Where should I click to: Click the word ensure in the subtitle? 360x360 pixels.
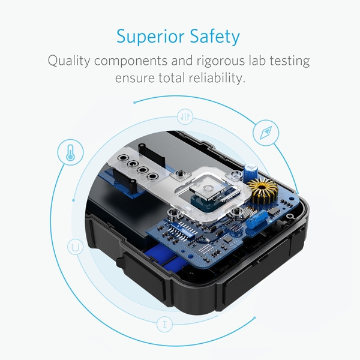pos(132,79)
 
